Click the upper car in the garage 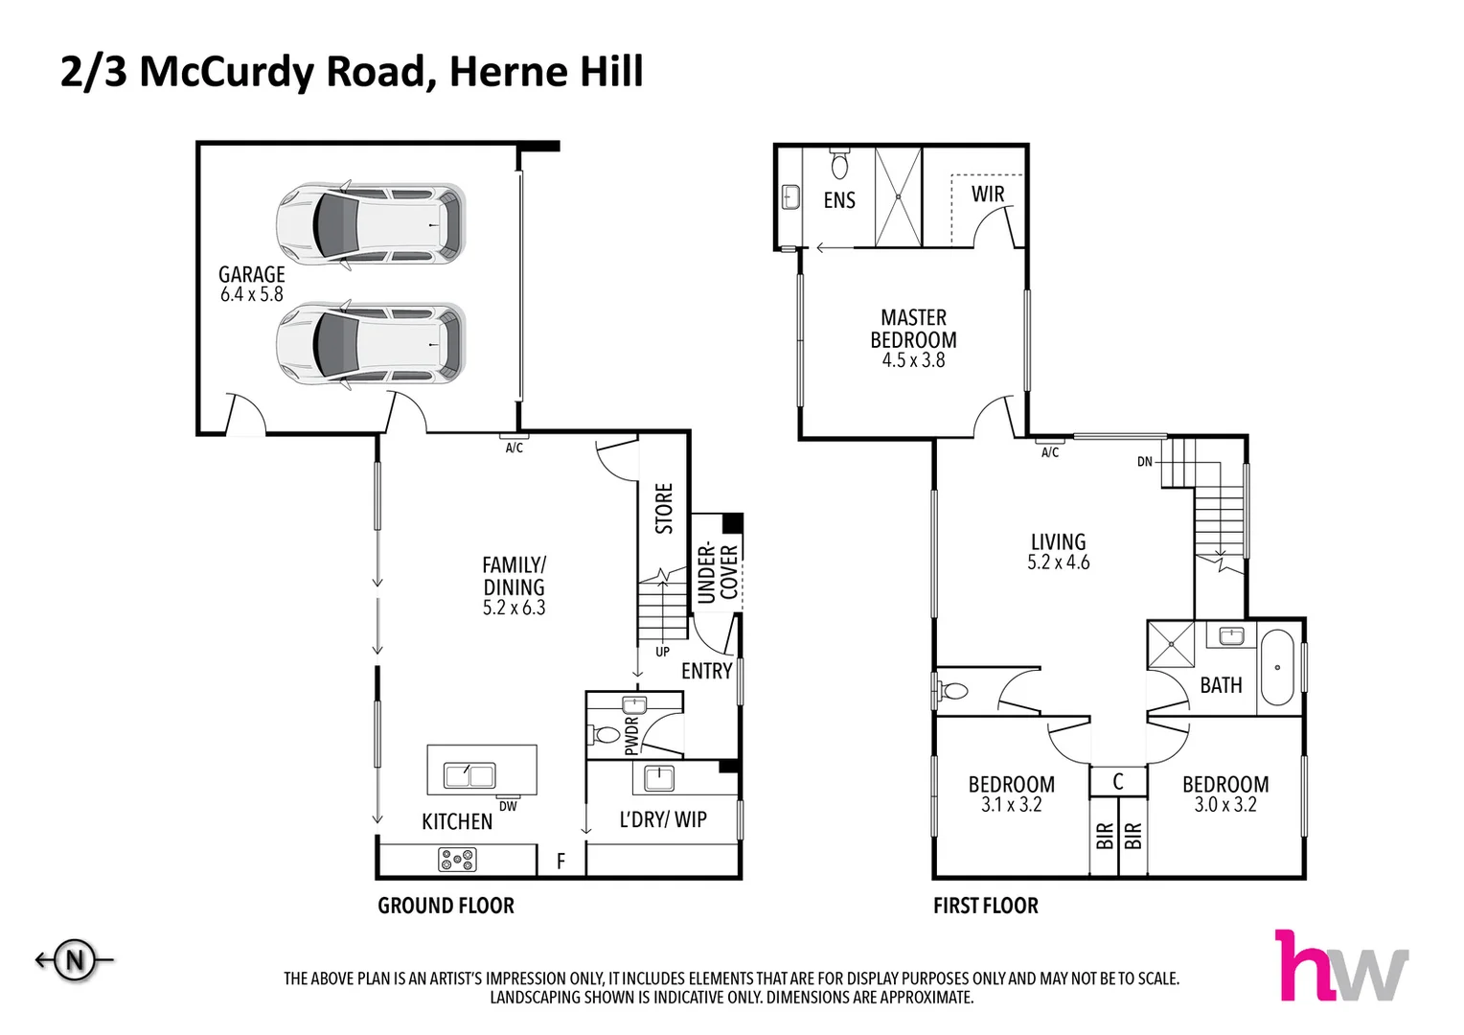(371, 223)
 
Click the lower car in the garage (371, 343)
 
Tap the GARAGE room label (251, 275)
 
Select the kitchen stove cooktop (457, 860)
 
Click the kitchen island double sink (469, 774)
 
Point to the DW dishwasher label (508, 807)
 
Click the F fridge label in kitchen (561, 862)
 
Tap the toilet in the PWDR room (606, 736)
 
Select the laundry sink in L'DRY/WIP (659, 777)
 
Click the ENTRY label (706, 672)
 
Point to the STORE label (664, 509)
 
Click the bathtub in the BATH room (1277, 667)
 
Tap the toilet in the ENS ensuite (840, 165)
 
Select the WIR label (988, 195)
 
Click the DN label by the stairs (1145, 462)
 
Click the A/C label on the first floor (1050, 452)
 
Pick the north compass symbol (75, 959)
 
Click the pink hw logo (1341, 966)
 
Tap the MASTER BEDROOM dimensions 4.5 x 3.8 (913, 361)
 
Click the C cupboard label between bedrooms (1118, 782)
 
